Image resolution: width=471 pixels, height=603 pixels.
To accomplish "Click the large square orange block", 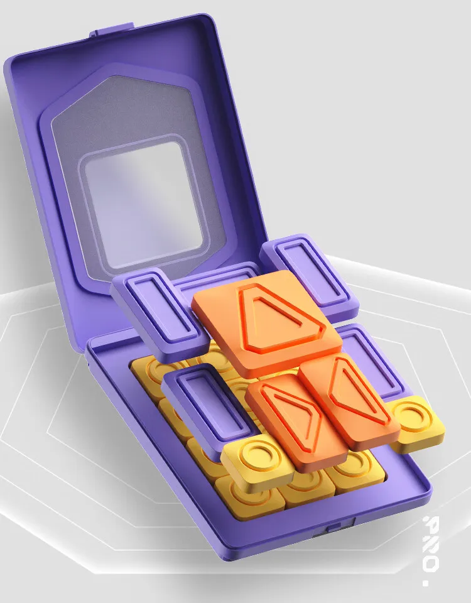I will (267, 323).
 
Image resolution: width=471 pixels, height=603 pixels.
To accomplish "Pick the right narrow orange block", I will (349, 398).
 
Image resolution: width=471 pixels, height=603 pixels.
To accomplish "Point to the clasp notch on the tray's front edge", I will (333, 532).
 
